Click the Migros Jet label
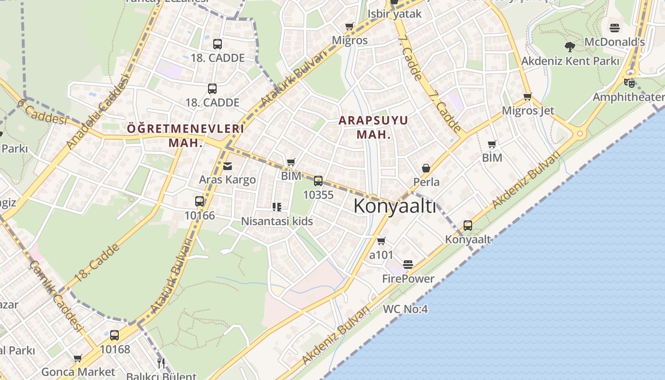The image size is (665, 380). (528, 111)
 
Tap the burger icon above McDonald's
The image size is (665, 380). (615, 28)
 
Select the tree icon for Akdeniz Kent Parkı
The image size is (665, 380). (570, 47)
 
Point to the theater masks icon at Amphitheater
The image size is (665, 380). (629, 83)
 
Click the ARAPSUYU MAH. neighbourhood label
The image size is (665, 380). (373, 127)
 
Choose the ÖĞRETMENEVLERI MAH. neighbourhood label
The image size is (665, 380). (185, 135)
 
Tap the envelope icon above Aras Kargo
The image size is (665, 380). (228, 166)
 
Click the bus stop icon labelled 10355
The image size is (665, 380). (318, 181)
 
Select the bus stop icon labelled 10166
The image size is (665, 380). (199, 201)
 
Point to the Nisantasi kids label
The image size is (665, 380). (277, 221)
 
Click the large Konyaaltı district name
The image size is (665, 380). (394, 206)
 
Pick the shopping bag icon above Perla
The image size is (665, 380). (426, 168)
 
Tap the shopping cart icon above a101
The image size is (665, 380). (381, 241)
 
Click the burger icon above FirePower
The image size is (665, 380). (408, 264)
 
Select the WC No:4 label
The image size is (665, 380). (405, 309)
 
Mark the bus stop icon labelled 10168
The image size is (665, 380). (114, 335)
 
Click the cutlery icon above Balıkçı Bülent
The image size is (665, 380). (161, 363)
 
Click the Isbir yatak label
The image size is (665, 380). (394, 13)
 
